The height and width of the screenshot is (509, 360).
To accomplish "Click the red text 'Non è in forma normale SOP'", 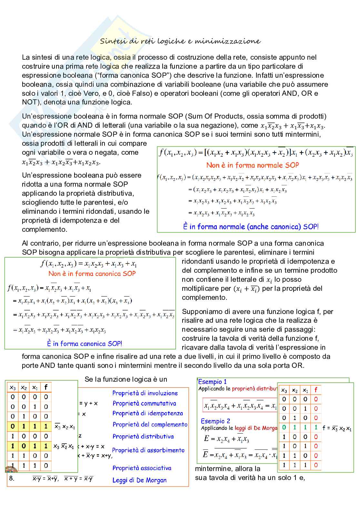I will coord(253,165).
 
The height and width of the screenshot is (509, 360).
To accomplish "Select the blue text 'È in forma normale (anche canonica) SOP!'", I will coord(251,227).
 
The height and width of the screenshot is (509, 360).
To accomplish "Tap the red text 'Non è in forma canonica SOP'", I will coord(92,274).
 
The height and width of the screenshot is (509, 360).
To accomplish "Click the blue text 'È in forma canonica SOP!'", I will coord(85,344).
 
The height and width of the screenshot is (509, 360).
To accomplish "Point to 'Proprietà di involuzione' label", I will coord(145,393).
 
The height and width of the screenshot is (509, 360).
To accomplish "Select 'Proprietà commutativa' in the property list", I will coord(144,403).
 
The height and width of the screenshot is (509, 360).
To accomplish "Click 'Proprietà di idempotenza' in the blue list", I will coord(147,413).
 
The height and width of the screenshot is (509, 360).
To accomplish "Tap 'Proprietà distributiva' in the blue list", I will coord(143,436).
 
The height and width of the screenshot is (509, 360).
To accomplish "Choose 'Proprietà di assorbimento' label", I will coord(148,450).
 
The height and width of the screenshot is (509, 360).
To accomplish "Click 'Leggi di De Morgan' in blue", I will coord(139,480).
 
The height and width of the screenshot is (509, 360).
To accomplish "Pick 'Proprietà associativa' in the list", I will coord(142,468).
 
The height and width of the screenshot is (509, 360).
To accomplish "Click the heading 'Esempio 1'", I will coord(213,382).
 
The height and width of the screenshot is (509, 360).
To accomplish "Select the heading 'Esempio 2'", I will coord(215,421).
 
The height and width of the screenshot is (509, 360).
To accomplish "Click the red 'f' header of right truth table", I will coord(315,390).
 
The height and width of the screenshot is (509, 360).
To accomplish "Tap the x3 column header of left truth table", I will coord(13,387).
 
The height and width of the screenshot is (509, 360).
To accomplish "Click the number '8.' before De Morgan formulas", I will coord(12,478).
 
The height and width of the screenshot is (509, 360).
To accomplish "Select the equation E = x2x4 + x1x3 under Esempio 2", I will coord(226,439).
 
